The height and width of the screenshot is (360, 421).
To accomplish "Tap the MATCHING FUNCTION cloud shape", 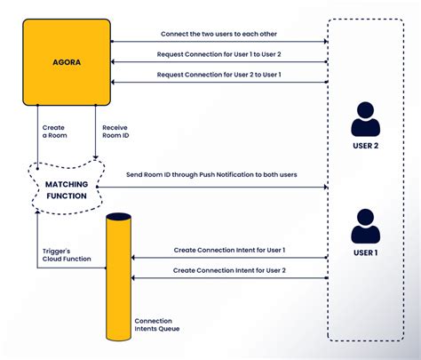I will coord(67,189).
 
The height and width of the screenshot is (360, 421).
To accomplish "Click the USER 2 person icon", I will coord(366,120).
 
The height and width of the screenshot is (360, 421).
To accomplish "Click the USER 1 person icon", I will coord(366,226).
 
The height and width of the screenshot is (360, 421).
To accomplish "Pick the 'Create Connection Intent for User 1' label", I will coord(229,251).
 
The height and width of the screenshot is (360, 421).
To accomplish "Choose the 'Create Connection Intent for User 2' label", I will coord(229,270).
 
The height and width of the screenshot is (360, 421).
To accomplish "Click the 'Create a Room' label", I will coord(53,132).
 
